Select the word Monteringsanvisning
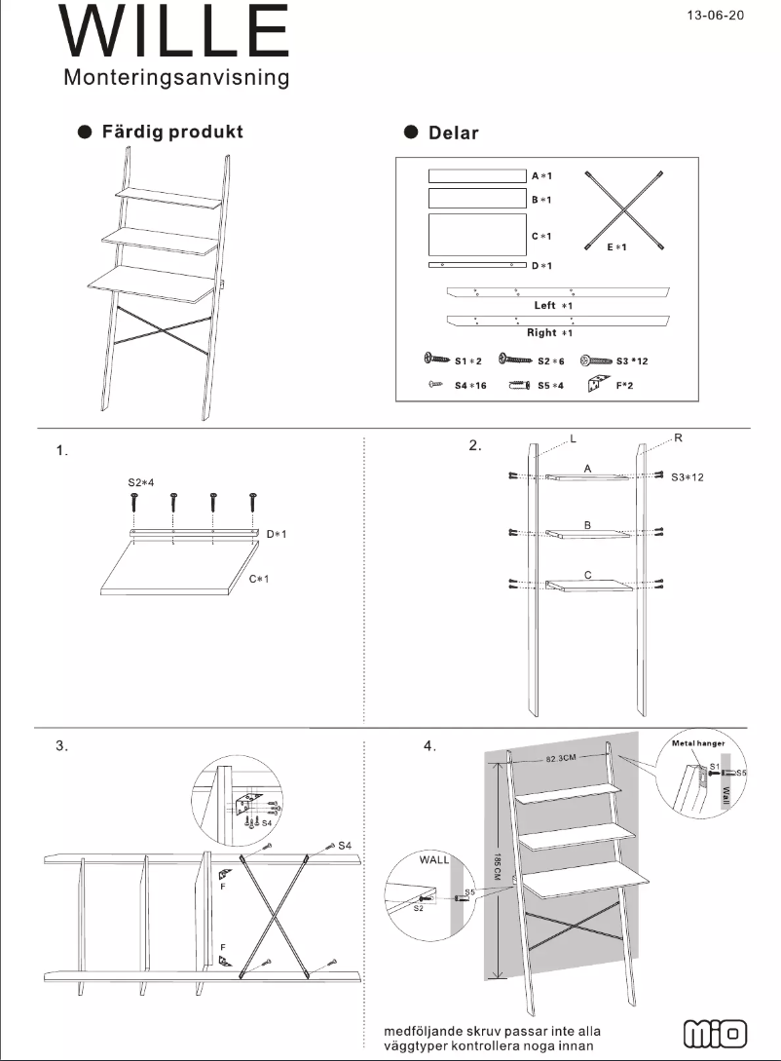click(176, 78)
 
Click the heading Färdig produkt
click(172, 132)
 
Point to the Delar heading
click(454, 133)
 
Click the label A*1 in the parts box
click(542, 176)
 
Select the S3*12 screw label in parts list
click(632, 360)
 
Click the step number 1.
click(62, 450)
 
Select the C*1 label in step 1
click(258, 580)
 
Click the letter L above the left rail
click(573, 440)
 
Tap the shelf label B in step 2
click(587, 525)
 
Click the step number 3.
click(62, 746)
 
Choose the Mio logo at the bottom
click(716, 1034)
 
